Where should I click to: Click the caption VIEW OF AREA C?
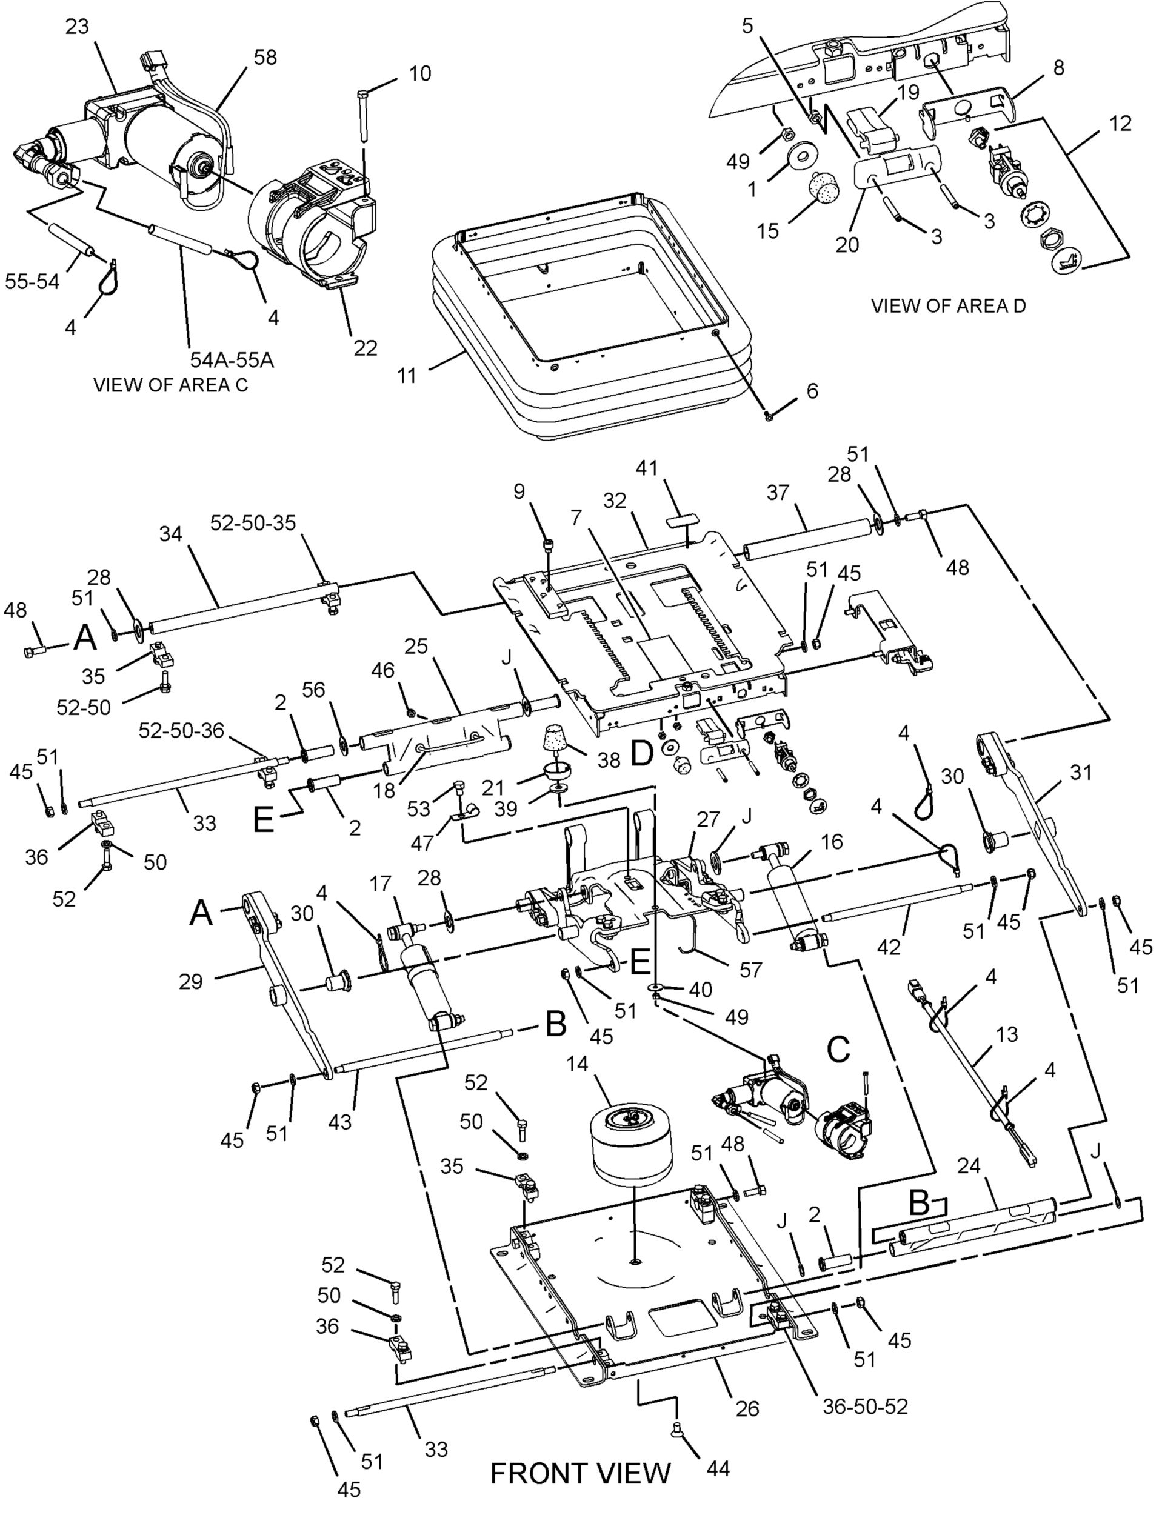pyautogui.click(x=170, y=385)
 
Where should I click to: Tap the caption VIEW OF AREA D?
pyautogui.click(x=947, y=305)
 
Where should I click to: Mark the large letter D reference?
pyautogui.click(x=642, y=755)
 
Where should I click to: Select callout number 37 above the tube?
pyautogui.click(x=778, y=494)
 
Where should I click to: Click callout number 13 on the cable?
pyautogui.click(x=1008, y=1034)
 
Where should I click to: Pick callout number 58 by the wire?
pyautogui.click(x=265, y=57)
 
